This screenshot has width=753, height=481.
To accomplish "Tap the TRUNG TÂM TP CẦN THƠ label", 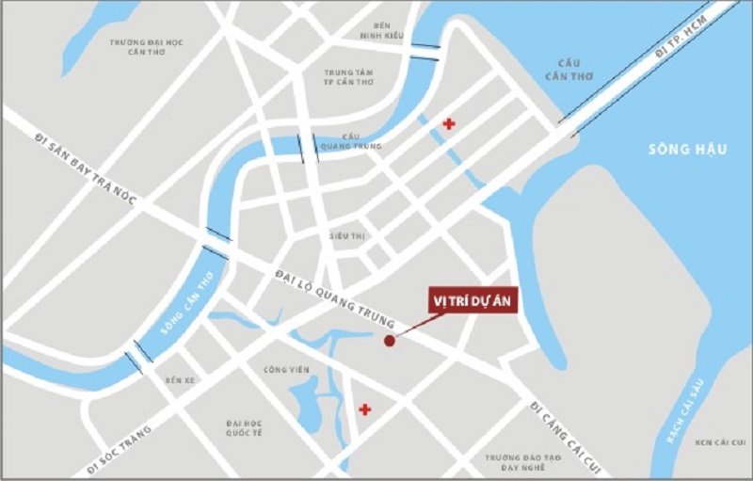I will (350, 76).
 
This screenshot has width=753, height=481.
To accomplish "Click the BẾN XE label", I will (178, 380).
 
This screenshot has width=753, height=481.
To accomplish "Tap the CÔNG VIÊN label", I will (287, 370).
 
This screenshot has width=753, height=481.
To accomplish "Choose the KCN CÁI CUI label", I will (712, 441).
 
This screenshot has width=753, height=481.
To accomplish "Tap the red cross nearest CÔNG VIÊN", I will (364, 409).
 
